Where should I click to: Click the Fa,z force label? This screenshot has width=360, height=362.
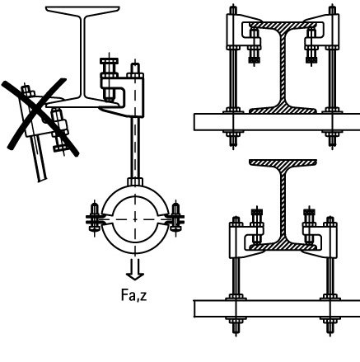tap(134, 295)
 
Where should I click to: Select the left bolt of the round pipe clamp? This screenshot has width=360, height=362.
tap(94, 219)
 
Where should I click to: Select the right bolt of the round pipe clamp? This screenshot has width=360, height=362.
tap(175, 219)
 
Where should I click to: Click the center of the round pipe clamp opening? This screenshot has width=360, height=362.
tap(135, 219)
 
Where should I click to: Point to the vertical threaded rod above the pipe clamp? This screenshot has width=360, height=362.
tap(135, 148)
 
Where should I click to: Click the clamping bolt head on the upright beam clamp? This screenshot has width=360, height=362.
tap(109, 61)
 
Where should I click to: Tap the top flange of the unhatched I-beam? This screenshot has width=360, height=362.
tap(82, 10)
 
